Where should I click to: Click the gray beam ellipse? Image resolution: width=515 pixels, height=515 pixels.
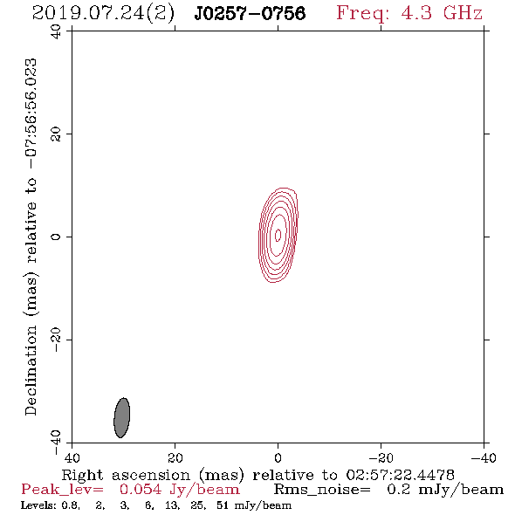122,418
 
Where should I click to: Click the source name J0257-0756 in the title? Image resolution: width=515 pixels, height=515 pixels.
250,13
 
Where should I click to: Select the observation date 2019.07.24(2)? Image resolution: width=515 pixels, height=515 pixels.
103,14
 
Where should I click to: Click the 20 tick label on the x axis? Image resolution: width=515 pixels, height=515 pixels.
175,457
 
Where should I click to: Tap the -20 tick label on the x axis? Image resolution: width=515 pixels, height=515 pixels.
381,457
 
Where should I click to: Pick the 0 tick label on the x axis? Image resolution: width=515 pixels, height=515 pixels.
278,457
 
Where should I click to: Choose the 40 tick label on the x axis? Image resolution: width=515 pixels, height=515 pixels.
72,457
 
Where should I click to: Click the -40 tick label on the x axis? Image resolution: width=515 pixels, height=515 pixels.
484,457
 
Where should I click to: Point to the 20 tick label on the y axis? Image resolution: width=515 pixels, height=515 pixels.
56,134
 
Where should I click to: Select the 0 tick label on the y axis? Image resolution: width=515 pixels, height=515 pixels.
56,237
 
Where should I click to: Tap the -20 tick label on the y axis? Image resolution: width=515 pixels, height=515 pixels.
56,340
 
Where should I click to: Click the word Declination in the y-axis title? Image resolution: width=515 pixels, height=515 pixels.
31,370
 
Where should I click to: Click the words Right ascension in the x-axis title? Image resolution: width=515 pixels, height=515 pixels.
126,475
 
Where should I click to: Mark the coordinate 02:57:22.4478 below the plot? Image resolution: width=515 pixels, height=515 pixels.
401,475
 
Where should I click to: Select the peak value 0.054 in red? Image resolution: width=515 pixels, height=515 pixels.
141,490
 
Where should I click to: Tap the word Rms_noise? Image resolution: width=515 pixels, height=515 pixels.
322,490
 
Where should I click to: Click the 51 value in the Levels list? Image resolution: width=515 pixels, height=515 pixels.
223,505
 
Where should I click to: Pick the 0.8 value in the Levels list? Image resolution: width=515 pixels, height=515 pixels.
71,505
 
